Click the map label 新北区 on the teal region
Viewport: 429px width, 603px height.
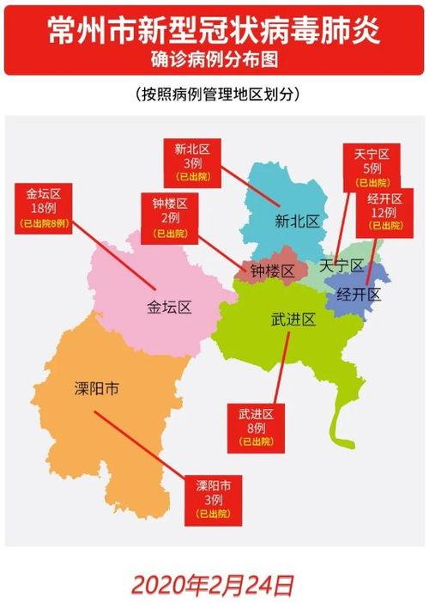coord(297,221)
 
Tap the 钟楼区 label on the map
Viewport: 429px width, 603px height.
coord(273,271)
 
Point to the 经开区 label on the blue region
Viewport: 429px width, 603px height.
coord(358,295)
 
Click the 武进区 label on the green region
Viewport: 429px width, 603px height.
coord(293,320)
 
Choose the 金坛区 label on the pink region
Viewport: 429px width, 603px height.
coord(168,307)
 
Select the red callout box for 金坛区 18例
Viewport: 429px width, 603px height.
coord(43,208)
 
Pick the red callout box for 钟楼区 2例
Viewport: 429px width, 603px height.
coord(170,218)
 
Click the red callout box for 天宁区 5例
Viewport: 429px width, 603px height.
coord(372,167)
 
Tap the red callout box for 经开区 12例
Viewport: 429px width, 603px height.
coord(385,210)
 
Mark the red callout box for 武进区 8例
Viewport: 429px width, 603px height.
coord(256,427)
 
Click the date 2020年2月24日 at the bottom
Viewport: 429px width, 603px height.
coord(214,585)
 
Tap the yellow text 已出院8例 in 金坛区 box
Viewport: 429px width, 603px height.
coord(43,223)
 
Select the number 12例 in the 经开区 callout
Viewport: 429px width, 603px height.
coord(385,212)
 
